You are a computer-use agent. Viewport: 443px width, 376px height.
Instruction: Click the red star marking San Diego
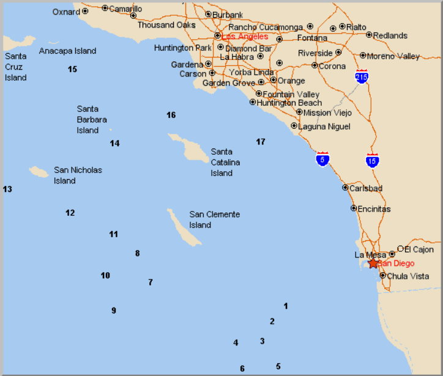373,264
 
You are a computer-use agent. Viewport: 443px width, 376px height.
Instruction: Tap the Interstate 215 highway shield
362,76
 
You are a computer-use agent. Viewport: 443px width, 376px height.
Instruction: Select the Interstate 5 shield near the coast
322,159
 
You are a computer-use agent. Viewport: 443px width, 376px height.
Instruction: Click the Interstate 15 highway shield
371,160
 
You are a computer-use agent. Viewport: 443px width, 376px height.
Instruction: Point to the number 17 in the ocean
261,142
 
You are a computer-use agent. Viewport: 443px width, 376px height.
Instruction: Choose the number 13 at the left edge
7,190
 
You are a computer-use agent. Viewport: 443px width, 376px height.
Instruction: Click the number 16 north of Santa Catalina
171,115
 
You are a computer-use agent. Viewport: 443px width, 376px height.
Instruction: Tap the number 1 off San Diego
285,306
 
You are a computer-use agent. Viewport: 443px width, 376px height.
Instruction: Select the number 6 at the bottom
242,369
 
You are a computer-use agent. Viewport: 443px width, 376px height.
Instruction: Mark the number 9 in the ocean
114,311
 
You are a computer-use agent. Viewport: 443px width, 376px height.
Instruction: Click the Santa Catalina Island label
225,162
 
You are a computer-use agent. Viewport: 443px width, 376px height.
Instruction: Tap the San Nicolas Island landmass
39,172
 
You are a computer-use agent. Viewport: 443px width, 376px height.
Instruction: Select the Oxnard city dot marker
84,11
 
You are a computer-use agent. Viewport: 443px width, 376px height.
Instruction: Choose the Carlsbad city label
365,188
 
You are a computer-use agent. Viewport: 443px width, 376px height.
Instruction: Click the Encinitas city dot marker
354,208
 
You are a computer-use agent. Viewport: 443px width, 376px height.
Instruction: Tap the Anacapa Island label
67,51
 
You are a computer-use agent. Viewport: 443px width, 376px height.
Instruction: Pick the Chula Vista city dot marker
382,276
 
